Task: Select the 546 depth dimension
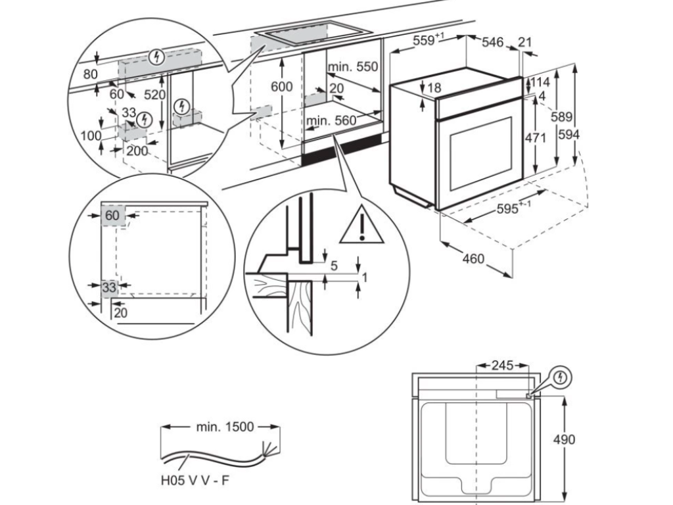(x=492, y=43)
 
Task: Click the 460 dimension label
(x=473, y=258)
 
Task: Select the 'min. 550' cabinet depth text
(x=354, y=67)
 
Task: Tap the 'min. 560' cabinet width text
(x=331, y=120)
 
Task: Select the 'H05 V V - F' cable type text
(x=195, y=481)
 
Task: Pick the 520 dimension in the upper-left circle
(x=155, y=95)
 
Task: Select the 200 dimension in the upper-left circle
(x=137, y=151)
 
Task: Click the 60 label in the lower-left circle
(x=113, y=215)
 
